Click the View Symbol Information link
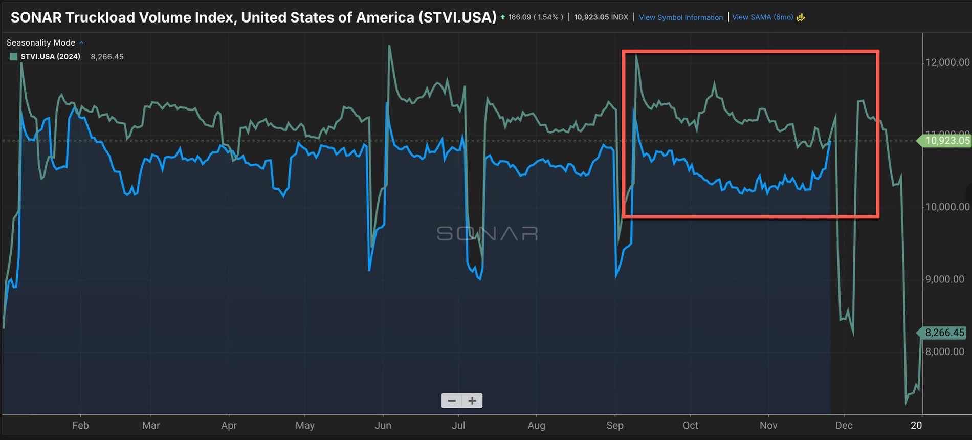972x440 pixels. point(680,17)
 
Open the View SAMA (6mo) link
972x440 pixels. point(762,17)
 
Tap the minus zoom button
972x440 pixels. point(452,401)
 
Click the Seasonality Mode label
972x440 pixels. point(41,42)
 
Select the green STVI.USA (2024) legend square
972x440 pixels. point(14,57)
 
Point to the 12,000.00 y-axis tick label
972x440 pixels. point(947,62)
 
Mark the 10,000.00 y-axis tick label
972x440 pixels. point(947,207)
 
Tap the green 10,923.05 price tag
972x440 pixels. point(946,141)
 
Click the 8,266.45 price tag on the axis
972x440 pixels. point(944,333)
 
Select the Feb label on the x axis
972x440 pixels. point(80,425)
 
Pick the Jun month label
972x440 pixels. point(383,425)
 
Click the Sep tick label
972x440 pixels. point(614,425)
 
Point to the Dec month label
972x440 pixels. point(844,425)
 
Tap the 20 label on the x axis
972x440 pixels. point(916,425)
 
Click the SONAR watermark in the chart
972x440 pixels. point(487,234)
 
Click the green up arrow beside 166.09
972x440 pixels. point(503,17)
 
